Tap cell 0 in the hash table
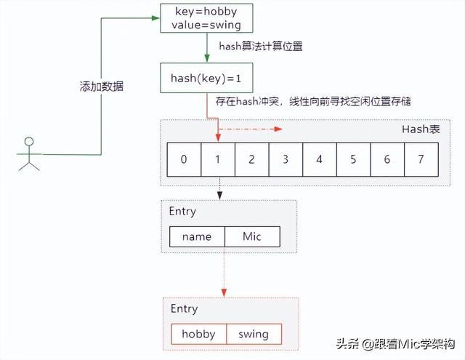coord(185,159)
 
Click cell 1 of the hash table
coord(217,159)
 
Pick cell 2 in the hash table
coord(251,159)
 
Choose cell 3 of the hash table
coord(286,159)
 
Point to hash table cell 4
coord(319,159)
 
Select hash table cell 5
coord(353,159)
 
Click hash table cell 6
coord(387,159)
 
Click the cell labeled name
coord(197,236)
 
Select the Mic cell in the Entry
coord(252,236)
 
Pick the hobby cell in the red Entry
coord(198,334)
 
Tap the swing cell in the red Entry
coord(253,334)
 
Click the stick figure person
coord(30,153)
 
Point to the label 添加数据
coord(101,87)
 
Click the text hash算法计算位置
coord(261,47)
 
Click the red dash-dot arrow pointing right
coord(251,129)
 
